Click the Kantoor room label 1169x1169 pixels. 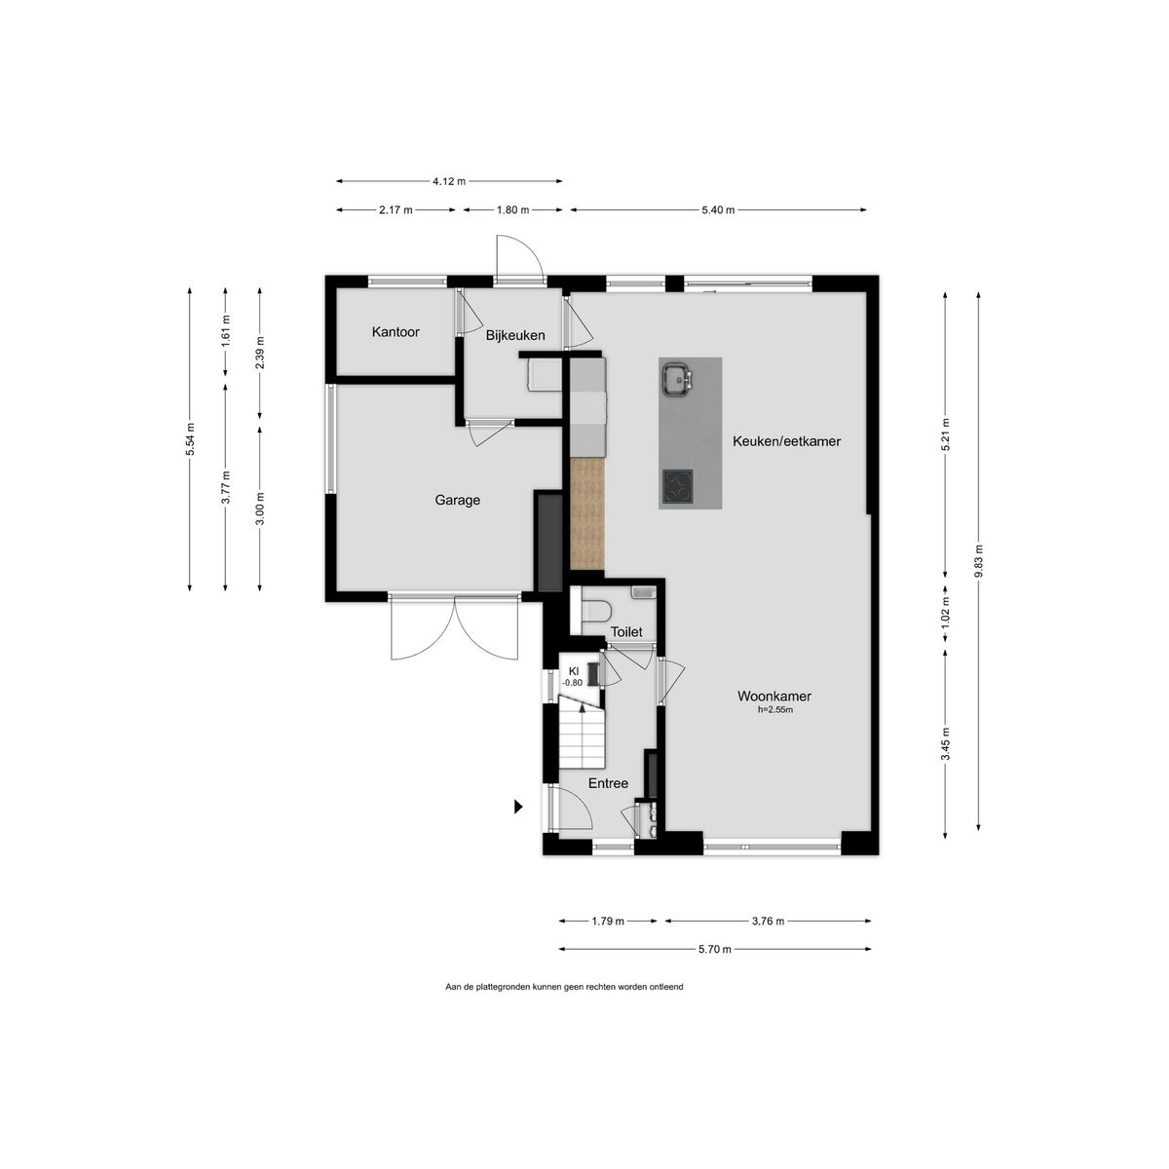tap(396, 332)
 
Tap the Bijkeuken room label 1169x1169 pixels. tap(515, 335)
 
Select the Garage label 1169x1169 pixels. tap(458, 500)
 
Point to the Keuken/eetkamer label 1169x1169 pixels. tap(786, 441)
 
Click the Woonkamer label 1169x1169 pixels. tap(774, 696)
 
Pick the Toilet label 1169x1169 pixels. tap(626, 632)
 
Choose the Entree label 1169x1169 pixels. tap(608, 783)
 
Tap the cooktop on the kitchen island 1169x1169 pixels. tap(677, 486)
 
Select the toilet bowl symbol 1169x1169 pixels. tap(595, 611)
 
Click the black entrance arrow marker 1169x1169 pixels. tap(518, 807)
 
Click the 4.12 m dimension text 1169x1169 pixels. tap(449, 181)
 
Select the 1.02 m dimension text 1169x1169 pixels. tap(945, 611)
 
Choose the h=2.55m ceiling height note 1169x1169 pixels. tap(774, 710)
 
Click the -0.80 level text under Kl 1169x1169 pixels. tap(572, 683)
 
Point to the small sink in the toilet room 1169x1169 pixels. tap(643, 592)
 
